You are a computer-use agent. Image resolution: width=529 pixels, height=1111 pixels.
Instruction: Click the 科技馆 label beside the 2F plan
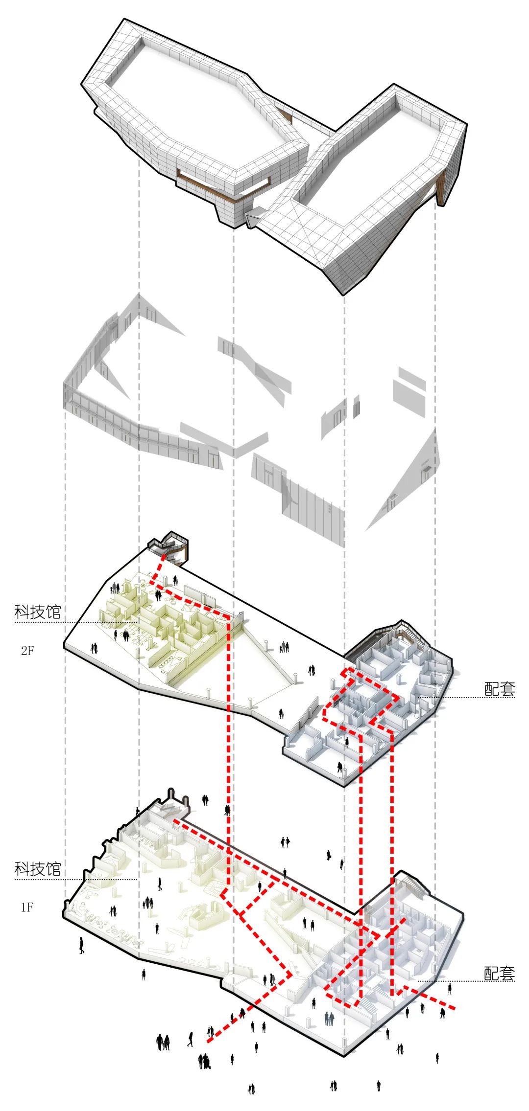38,612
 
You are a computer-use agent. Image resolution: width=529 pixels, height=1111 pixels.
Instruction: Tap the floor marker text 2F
27,651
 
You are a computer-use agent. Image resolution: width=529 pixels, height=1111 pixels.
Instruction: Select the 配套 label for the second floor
500,689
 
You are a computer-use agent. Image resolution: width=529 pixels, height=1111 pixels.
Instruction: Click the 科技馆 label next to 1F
38,868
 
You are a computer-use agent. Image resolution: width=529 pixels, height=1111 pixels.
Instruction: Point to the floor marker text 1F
27,907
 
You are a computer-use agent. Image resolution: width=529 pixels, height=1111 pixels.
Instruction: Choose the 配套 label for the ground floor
500,973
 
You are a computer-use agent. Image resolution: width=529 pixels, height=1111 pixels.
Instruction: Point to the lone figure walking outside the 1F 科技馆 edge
81,945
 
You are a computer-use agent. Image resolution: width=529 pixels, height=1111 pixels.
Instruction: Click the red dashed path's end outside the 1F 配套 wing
455,1008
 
